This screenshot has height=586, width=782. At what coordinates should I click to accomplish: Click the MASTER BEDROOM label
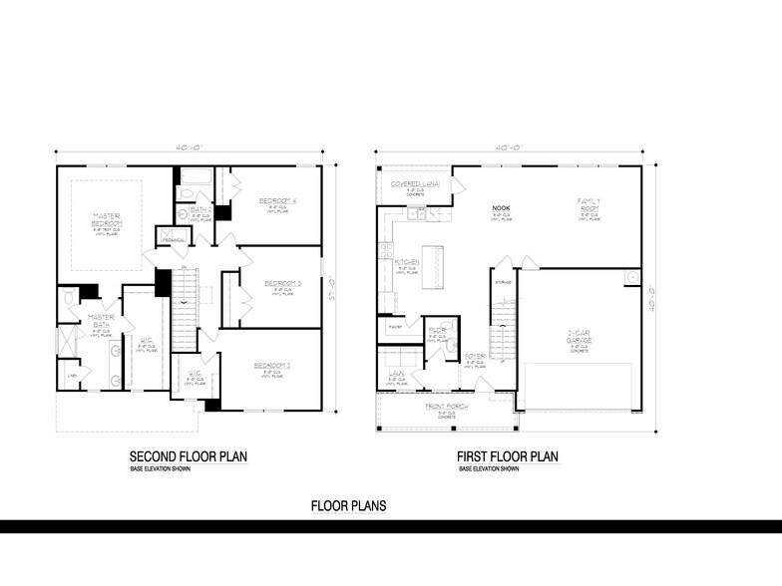pyautogui.click(x=107, y=221)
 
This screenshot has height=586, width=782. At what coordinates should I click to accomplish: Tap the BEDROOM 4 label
pyautogui.click(x=279, y=201)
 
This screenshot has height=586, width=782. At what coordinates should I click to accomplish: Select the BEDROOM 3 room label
pyautogui.click(x=283, y=283)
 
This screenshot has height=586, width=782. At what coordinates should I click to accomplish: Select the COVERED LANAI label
pyautogui.click(x=415, y=185)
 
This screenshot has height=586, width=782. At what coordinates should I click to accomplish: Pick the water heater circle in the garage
pyautogui.click(x=631, y=275)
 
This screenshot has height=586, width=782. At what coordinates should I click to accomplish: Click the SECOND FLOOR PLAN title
pyautogui.click(x=189, y=456)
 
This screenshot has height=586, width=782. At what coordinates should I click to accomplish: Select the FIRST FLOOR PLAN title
pyautogui.click(x=508, y=456)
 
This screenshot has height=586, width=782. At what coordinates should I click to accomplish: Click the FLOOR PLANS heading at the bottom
pyautogui.click(x=348, y=505)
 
